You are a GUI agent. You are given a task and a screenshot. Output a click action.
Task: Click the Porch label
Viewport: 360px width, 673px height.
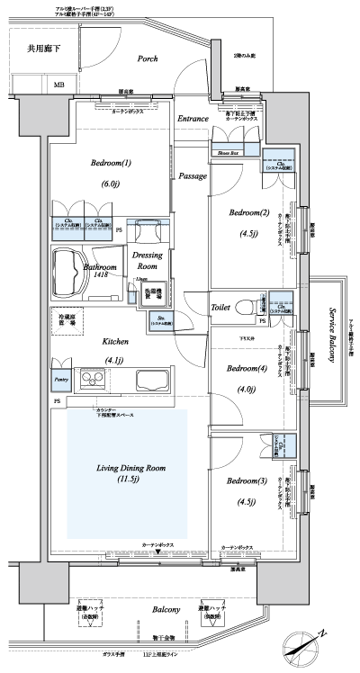[x=148, y=60]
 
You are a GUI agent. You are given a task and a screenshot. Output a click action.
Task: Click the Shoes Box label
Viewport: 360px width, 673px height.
[x=227, y=153]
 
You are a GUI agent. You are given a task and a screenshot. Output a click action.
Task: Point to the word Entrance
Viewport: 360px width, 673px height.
[x=193, y=118]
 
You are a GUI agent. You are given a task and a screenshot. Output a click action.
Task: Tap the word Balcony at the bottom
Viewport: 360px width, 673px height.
[x=167, y=609]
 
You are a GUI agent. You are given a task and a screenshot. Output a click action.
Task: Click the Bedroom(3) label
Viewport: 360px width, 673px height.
[x=244, y=480]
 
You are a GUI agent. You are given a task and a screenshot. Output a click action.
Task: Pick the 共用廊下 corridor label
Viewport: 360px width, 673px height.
[x=43, y=50]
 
